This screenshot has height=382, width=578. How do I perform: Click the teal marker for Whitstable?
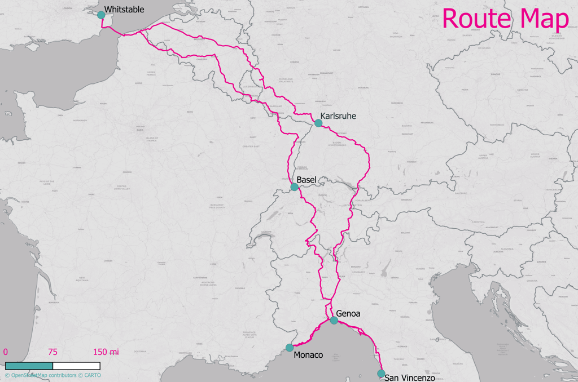click(101, 15)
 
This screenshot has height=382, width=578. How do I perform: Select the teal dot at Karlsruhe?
click(318, 123)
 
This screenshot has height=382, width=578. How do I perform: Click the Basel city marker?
click(295, 186)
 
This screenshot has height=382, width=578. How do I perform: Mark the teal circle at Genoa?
click(334, 320)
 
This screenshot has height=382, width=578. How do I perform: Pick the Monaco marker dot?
click(290, 348)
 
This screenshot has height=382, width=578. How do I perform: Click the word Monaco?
click(308, 355)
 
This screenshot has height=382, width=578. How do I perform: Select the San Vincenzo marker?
click(381, 373)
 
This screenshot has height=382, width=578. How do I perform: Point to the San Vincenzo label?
click(409, 378)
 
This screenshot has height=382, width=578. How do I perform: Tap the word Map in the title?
click(544, 19)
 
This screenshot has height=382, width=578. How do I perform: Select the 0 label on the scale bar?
click(6, 352)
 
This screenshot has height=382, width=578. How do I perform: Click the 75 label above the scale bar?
click(52, 352)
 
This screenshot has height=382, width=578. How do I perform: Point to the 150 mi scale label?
click(106, 352)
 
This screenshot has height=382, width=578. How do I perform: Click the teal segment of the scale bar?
click(29, 366)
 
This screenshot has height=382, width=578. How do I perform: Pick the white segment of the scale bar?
click(76, 366)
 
